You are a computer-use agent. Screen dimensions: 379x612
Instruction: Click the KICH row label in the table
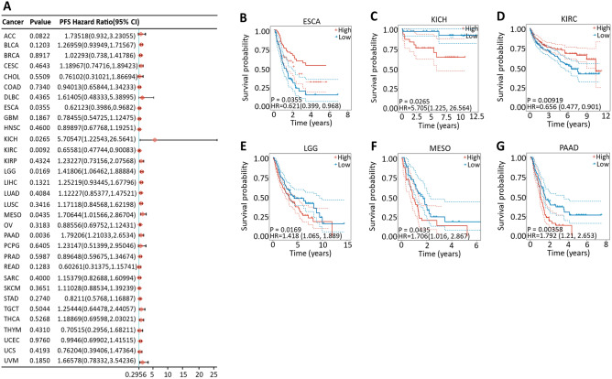16,138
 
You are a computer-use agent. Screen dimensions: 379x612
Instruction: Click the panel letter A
6,6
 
